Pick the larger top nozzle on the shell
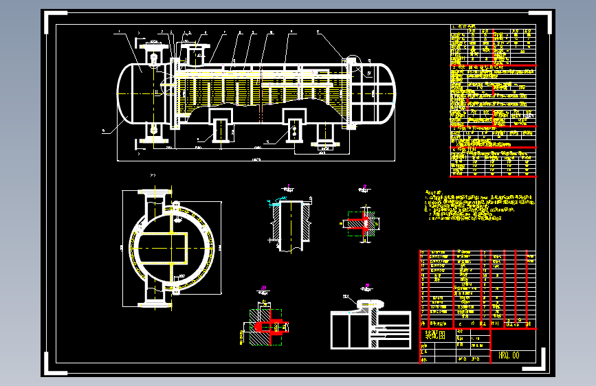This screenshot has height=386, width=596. click(195, 47)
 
